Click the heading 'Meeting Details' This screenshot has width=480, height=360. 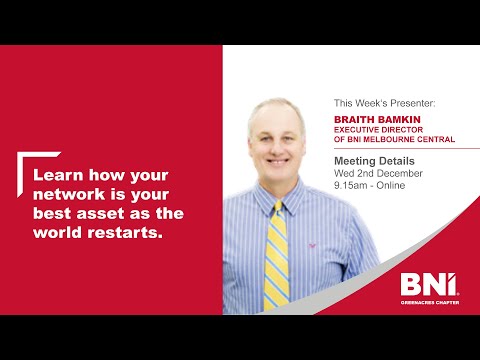[373, 160]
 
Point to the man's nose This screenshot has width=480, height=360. [278, 140]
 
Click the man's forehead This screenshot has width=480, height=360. [277, 114]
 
